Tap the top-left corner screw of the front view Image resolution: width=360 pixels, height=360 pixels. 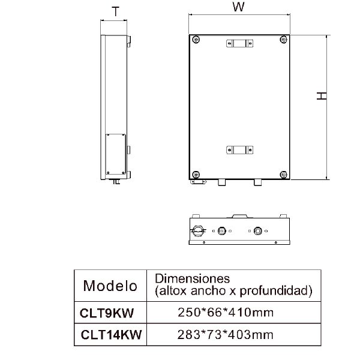pyautogui.click(x=196, y=39)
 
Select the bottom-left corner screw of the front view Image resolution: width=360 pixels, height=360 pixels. pyautogui.click(x=196, y=174)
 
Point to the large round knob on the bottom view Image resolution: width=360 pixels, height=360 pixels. pyautogui.click(x=198, y=230)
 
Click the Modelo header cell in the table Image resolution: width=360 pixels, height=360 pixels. pyautogui.click(x=110, y=285)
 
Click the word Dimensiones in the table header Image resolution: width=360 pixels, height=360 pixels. pyautogui.click(x=192, y=279)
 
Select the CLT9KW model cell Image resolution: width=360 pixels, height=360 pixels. pyautogui.click(x=107, y=313)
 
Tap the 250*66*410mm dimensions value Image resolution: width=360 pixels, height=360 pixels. pyautogui.click(x=226, y=313)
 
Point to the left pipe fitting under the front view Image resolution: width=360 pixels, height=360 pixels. pyautogui.click(x=221, y=182)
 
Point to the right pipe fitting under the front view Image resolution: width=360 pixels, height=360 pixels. pyautogui.click(x=259, y=182)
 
